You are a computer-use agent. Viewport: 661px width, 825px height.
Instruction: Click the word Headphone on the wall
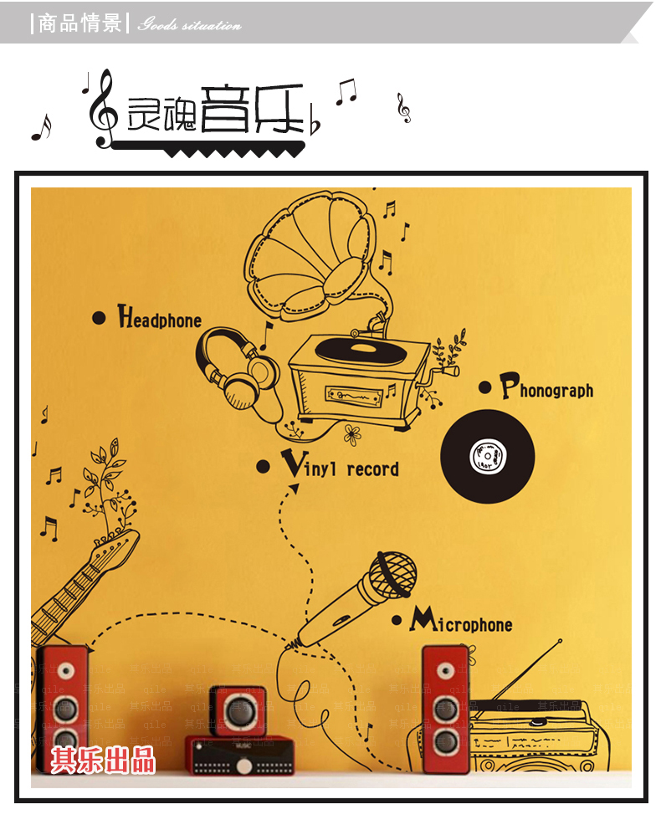click(160, 319)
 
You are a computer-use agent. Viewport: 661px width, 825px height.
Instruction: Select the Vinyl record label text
click(341, 467)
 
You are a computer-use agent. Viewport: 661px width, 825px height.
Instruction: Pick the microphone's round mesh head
click(392, 575)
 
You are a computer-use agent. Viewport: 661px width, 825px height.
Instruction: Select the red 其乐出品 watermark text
click(102, 760)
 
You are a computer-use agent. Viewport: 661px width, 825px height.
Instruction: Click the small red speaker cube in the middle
click(238, 710)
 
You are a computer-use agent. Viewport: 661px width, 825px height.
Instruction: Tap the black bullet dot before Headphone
click(99, 317)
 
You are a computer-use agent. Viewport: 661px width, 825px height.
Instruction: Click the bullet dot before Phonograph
click(484, 387)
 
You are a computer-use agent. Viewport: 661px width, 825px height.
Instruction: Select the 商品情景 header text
click(79, 23)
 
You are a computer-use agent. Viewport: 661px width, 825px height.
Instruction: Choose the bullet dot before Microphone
click(397, 621)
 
